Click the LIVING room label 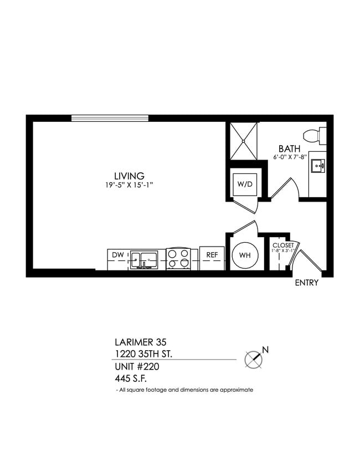(x=129, y=176)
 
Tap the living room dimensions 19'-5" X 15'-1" (x=130, y=186)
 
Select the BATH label (x=289, y=148)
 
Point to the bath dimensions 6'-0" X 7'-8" (x=289, y=157)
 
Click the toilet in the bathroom (x=315, y=135)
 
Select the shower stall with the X (x=243, y=141)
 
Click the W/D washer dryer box (x=244, y=184)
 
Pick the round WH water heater (x=244, y=255)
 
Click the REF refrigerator (x=211, y=255)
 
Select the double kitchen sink (x=143, y=258)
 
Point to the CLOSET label (x=282, y=245)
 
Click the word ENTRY (x=306, y=283)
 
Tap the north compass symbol (x=254, y=359)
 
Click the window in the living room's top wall (x=110, y=117)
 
